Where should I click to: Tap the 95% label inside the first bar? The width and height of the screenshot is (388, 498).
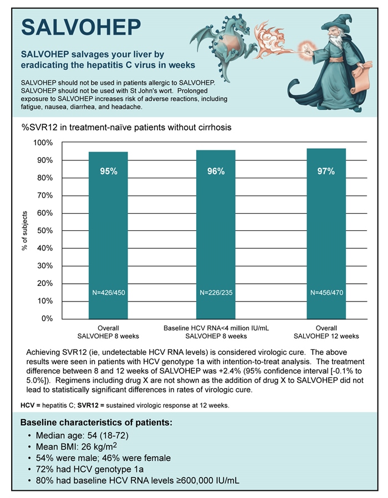point(109,172)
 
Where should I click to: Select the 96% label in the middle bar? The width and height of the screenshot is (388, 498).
point(216,172)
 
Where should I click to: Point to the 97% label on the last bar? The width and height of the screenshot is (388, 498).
point(326,172)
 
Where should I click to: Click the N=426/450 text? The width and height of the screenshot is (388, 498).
point(109,292)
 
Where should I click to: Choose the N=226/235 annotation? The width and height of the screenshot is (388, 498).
point(216,292)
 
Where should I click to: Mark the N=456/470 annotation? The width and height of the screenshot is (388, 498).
point(326,292)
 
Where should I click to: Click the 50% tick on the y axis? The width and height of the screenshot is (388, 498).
point(44,230)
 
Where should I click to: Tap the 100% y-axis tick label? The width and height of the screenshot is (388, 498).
point(43,143)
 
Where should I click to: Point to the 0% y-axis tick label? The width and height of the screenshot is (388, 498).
point(47,319)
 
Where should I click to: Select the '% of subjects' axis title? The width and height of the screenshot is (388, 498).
point(24,230)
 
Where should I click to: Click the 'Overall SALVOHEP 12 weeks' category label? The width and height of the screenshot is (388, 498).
point(326,332)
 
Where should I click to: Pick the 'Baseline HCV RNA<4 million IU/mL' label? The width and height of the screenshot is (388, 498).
point(216,328)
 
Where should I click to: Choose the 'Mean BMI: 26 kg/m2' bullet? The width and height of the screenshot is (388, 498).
point(75,447)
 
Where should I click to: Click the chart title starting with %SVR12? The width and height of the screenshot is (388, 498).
point(126,128)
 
